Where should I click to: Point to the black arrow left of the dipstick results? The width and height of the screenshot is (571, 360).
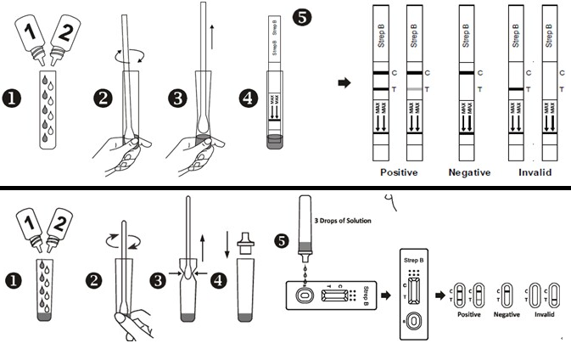click(x=344, y=82)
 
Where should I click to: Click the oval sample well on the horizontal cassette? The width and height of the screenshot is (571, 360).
click(x=302, y=296)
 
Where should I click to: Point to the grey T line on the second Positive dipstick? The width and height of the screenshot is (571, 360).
click(x=413, y=88)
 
